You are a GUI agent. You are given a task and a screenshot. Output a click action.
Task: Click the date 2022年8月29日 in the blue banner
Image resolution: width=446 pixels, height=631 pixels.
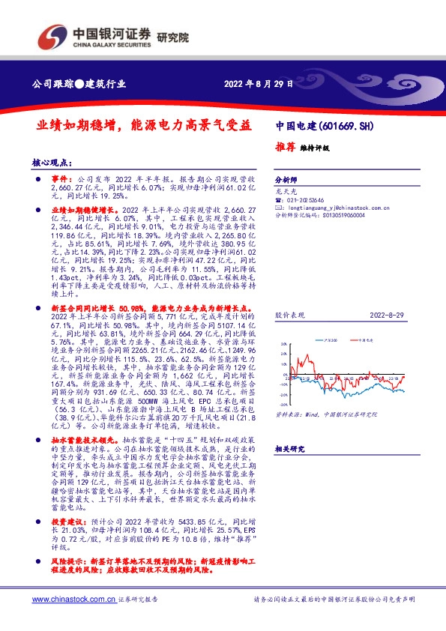(x=257, y=83)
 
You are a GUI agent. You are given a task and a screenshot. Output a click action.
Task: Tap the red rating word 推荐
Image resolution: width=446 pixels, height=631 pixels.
(x=285, y=148)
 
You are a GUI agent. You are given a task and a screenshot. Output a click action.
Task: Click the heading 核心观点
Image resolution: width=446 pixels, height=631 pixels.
(x=49, y=162)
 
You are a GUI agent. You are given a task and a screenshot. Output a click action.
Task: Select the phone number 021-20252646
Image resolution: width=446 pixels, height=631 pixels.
(x=308, y=201)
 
